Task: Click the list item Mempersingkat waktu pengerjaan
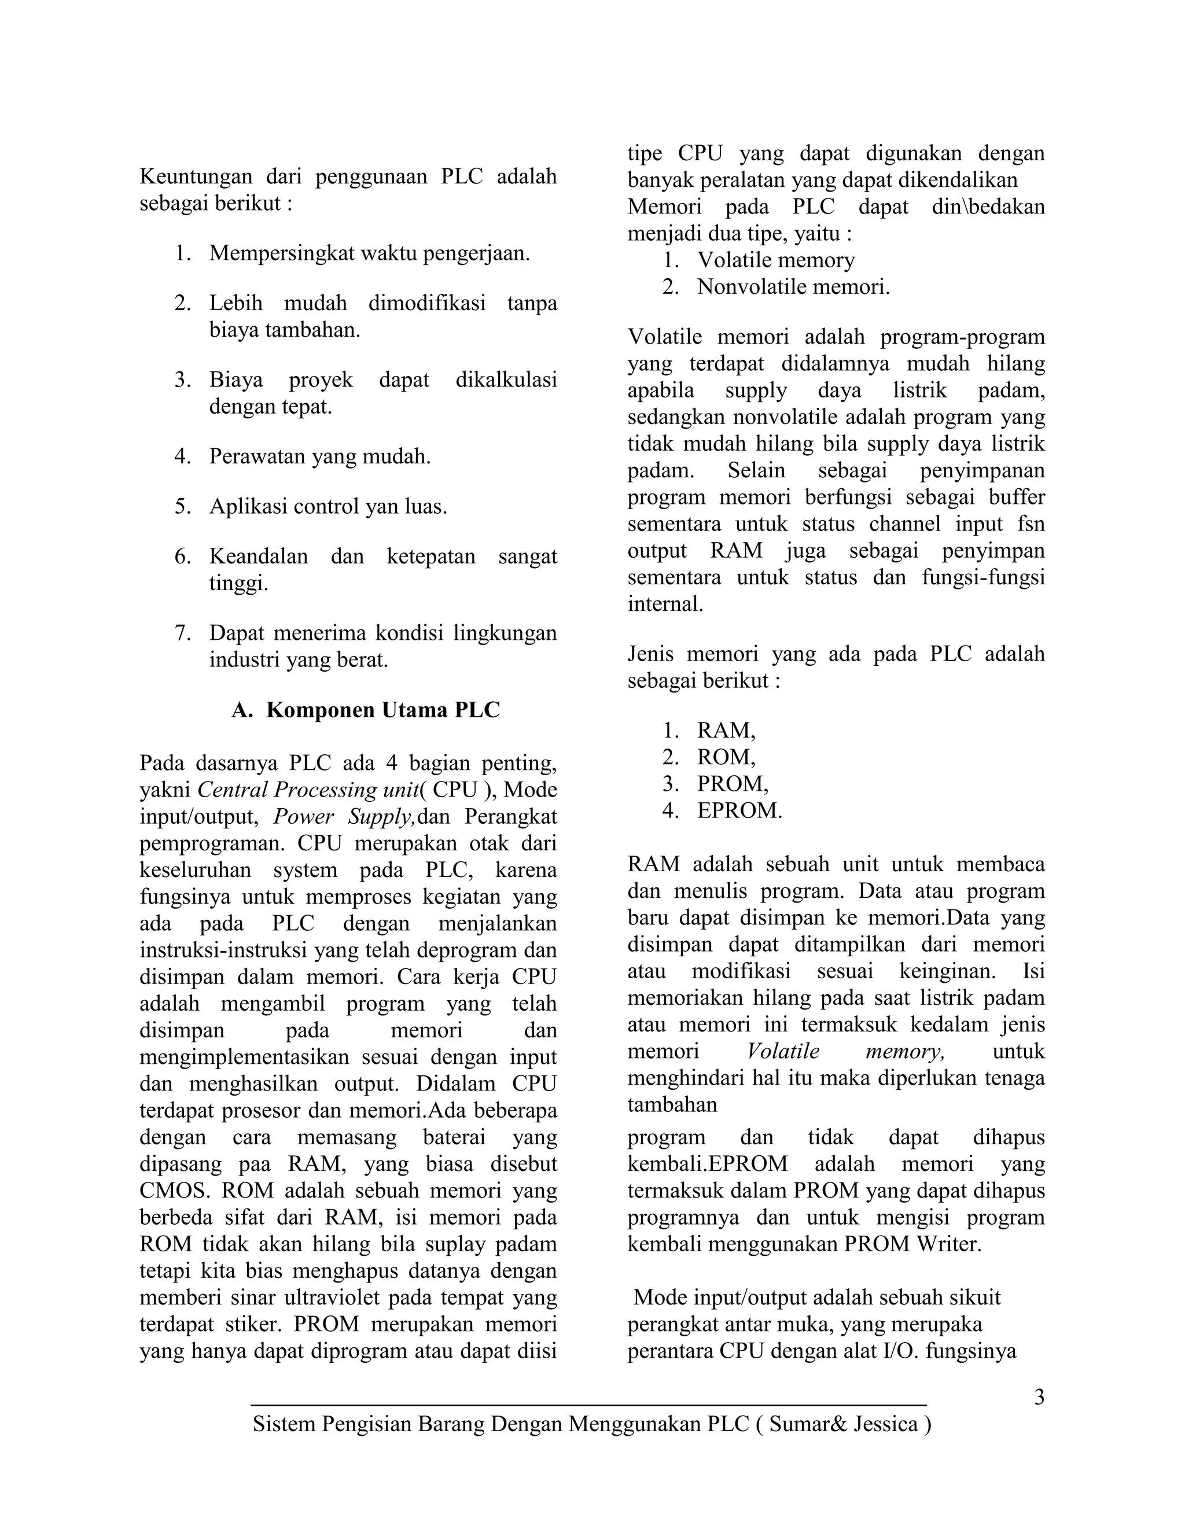[x=369, y=253]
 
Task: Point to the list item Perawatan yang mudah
[x=319, y=457]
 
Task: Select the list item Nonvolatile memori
[x=793, y=287]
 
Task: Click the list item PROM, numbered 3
[x=732, y=784]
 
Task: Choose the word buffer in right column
[x=1017, y=498]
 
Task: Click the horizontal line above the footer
[x=588, y=1405]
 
